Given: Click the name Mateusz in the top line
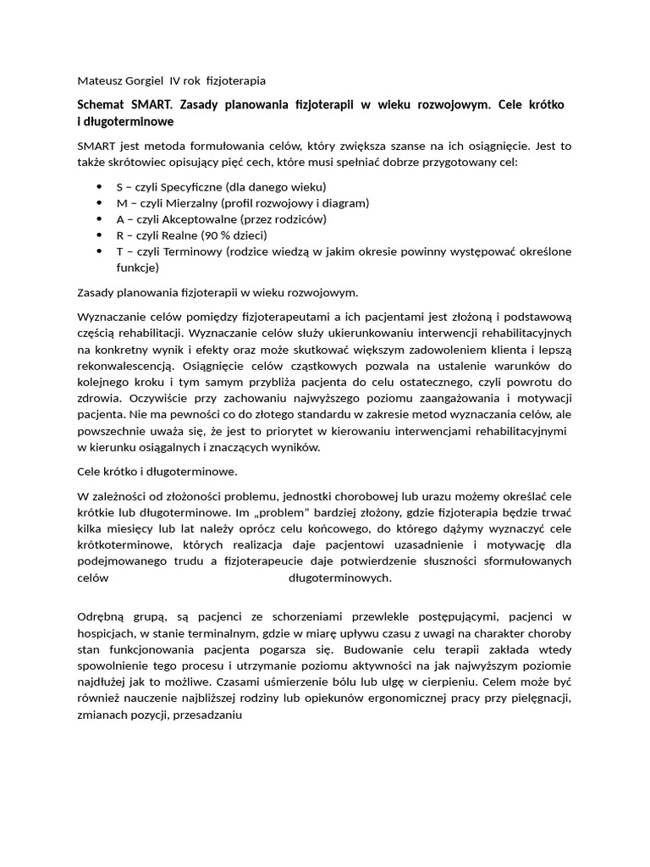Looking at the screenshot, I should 98,80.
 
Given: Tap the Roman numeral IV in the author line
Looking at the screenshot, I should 176,80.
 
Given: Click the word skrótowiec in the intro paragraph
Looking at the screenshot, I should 135,162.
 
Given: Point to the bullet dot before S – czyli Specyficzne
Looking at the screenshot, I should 99,187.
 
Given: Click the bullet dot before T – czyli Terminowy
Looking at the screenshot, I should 99,251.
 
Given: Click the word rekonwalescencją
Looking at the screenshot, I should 125,366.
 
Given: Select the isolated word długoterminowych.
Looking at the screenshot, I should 340,577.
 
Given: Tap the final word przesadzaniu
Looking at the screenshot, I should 207,715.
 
